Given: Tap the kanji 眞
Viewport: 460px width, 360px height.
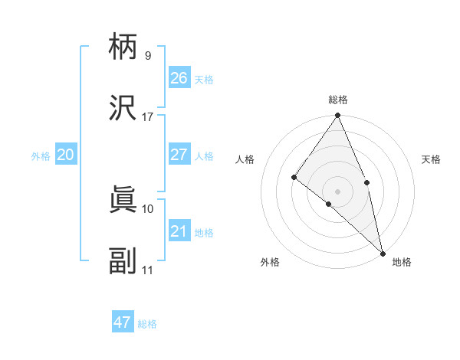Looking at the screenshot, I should point(123,201).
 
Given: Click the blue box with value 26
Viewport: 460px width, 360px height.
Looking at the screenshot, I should point(179,77).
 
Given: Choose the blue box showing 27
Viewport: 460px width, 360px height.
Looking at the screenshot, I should point(179,155).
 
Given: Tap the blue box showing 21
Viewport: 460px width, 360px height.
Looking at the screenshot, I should point(179,231).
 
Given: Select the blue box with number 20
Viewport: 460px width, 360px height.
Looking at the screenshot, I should point(66,155).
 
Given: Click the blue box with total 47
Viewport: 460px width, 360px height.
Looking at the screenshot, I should point(123,322).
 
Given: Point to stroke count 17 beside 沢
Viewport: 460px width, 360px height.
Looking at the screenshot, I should point(148,117).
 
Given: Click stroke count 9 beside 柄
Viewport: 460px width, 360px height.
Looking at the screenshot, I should point(148,56).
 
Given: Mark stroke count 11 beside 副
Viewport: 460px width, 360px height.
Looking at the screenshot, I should point(148,270).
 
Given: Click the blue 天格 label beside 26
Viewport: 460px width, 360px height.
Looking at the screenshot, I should point(204,80).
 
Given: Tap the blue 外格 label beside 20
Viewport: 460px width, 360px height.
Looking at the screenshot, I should point(41,156).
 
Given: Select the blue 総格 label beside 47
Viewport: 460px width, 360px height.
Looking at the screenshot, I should point(147,324).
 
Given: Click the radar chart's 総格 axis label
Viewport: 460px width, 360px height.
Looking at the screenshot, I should point(338,100).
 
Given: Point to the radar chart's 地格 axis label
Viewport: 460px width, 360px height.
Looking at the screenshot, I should point(402,263).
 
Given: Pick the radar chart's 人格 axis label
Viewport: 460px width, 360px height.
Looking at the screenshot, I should point(245,159).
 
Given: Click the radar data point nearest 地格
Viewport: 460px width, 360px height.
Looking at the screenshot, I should point(382,253).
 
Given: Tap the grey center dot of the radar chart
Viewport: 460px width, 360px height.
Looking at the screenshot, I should point(338,191).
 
